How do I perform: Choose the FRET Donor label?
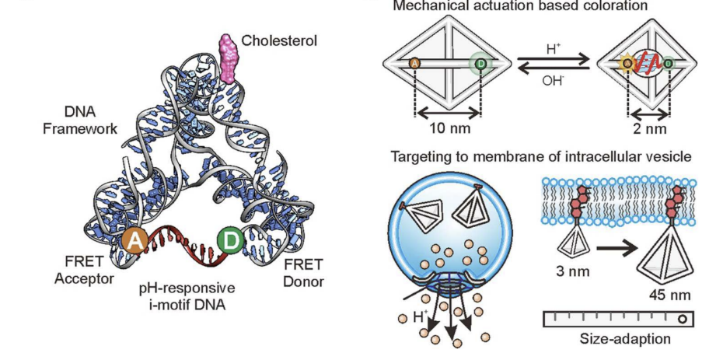(299, 271)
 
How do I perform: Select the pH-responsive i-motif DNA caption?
(187, 295)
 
